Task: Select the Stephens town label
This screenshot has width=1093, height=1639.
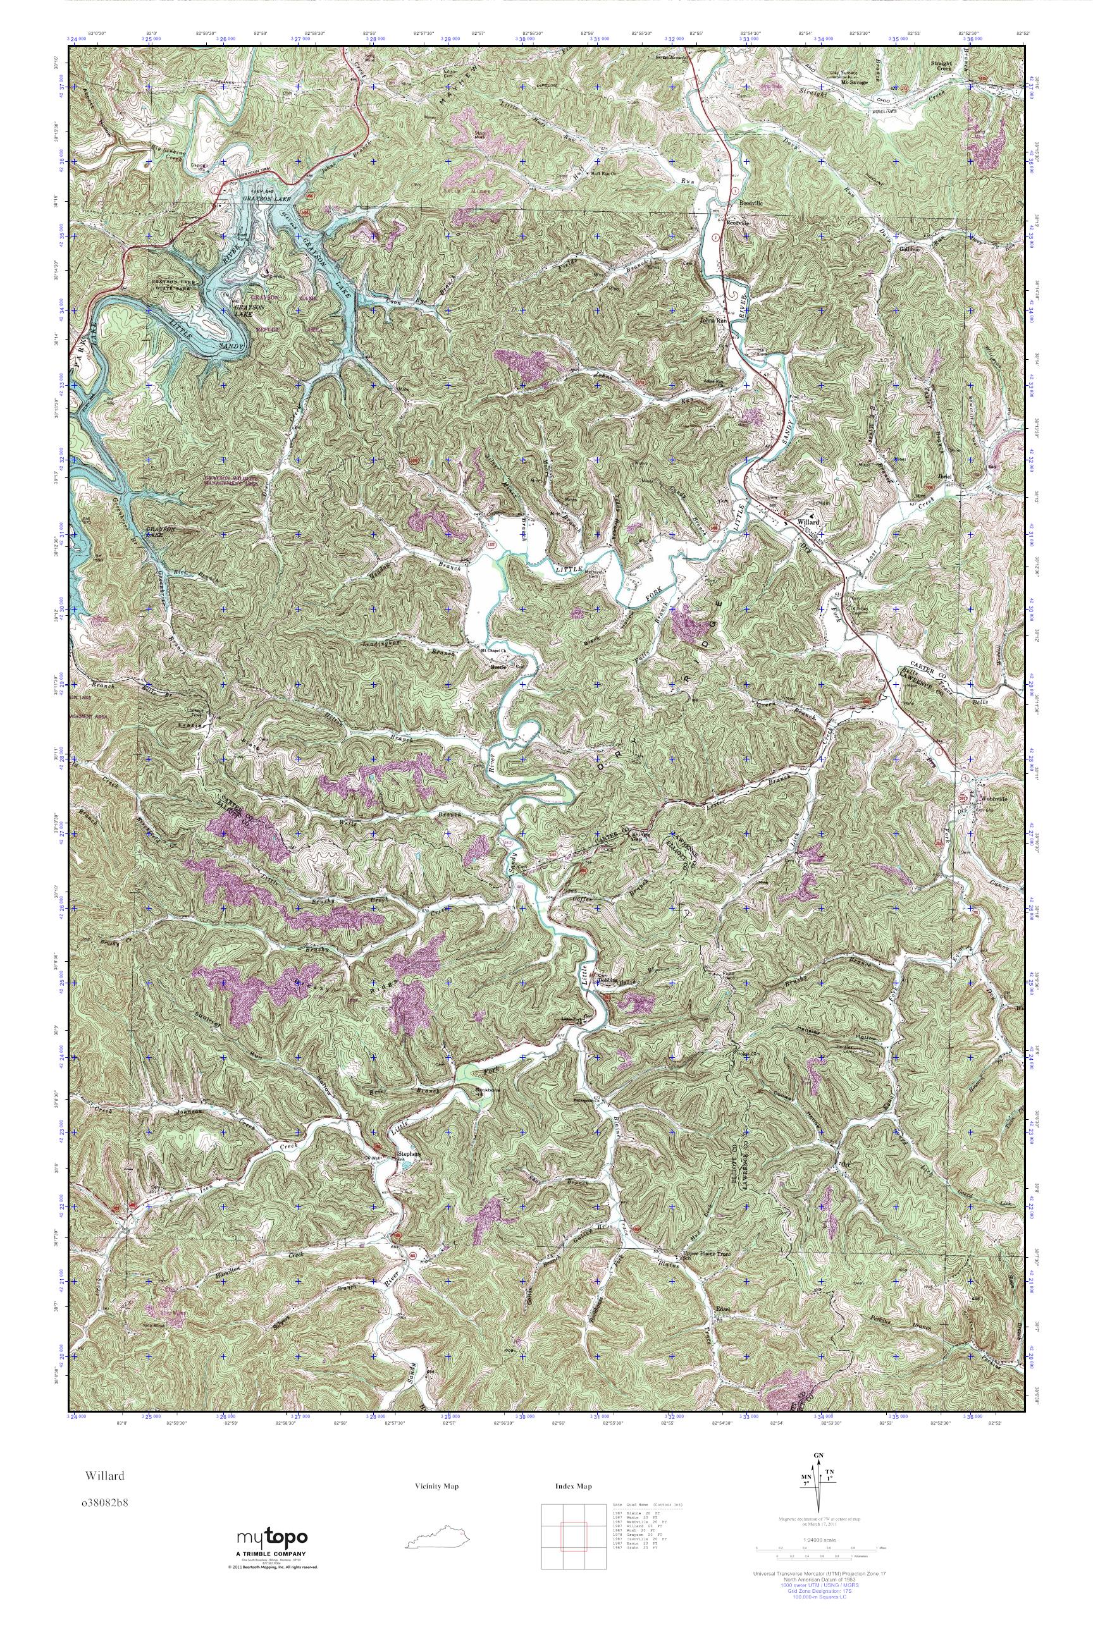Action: pyautogui.click(x=409, y=1154)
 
